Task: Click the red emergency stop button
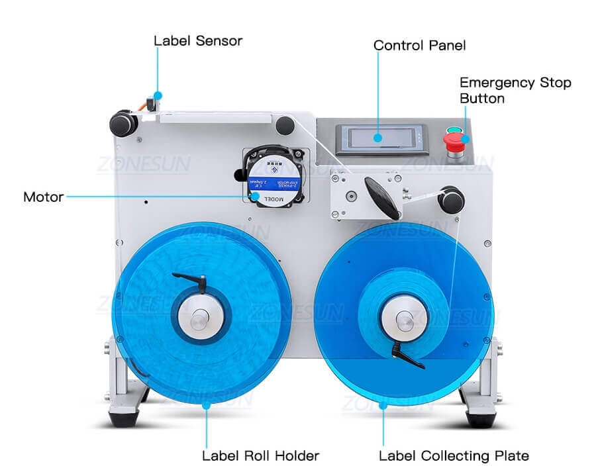coord(455,140)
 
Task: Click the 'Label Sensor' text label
coord(198,41)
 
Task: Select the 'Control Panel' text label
coord(420,46)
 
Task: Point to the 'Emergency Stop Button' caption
coord(515,91)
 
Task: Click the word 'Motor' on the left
coord(44,197)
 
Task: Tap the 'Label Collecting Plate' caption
coord(454,455)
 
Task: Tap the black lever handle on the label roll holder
coord(189,281)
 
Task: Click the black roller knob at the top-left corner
coord(123,124)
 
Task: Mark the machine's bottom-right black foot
coord(479,418)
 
